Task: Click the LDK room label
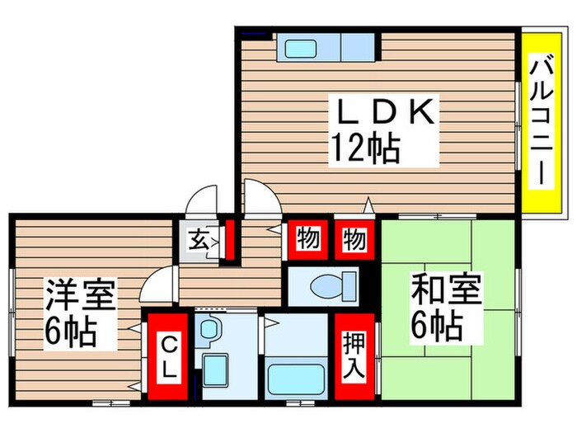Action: click(x=383, y=111)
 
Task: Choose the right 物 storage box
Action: click(x=354, y=240)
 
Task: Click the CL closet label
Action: click(x=168, y=354)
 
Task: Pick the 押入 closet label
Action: click(x=354, y=355)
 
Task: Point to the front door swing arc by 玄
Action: click(x=200, y=202)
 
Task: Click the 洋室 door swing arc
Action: click(x=157, y=285)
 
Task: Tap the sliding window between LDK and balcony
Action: click(x=519, y=124)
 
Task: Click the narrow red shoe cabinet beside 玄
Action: click(x=230, y=238)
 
